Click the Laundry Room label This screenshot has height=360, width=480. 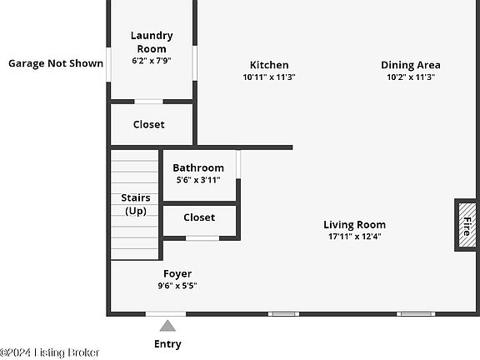click(152, 42)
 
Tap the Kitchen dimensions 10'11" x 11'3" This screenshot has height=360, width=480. click(269, 77)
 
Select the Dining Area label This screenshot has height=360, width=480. click(411, 65)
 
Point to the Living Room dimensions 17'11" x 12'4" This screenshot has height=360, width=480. click(355, 237)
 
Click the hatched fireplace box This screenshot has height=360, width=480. click(467, 225)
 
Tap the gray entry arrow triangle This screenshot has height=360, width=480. click(167, 326)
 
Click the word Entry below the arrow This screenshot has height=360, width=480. click(167, 344)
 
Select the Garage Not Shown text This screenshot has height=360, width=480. click(56, 63)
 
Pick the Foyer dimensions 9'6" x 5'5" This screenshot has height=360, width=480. click(177, 286)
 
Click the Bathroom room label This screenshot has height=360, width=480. click(198, 167)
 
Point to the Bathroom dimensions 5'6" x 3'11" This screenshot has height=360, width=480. click(198, 180)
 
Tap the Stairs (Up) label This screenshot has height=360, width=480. click(136, 204)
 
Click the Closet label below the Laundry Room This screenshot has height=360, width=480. click(149, 124)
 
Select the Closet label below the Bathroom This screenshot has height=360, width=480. click(199, 217)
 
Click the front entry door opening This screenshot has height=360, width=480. click(166, 314)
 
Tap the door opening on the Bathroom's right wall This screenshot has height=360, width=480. click(238, 164)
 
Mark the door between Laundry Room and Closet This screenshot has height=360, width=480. click(149, 102)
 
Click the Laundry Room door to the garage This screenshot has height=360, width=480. click(108, 64)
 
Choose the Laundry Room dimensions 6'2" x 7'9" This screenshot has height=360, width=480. click(152, 61)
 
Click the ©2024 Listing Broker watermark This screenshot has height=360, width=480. click(50, 352)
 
